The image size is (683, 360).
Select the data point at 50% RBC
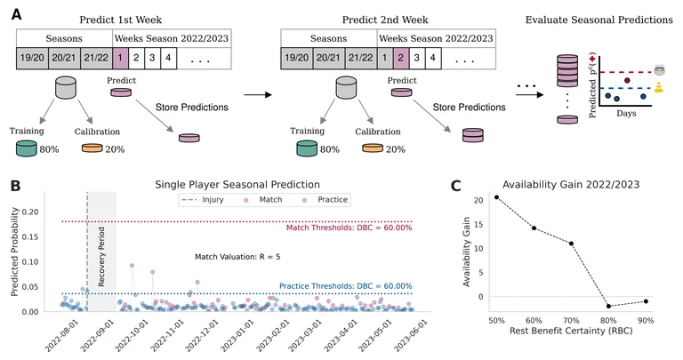496,197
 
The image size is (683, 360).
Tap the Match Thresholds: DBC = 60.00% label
350,228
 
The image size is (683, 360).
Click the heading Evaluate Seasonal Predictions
599,20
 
